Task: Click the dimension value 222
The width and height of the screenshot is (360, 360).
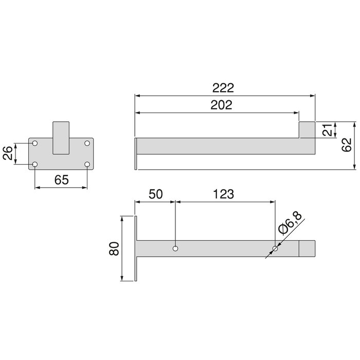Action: (224, 87)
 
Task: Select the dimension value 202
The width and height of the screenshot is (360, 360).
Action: (221, 105)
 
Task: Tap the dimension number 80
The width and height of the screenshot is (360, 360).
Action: (115, 249)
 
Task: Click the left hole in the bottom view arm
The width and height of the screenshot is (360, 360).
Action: (176, 249)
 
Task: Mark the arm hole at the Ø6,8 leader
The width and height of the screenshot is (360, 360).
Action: (275, 249)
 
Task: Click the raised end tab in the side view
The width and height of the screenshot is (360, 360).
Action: (308, 130)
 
